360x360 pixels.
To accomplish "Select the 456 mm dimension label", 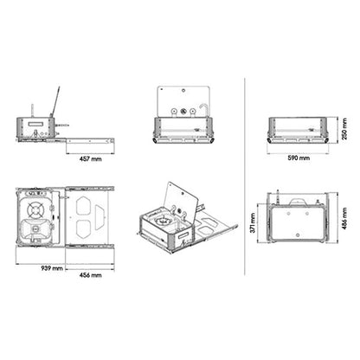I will click(90, 275).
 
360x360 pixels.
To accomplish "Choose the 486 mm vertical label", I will click(344, 222).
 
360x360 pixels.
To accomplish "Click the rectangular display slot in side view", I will click(35, 126).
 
